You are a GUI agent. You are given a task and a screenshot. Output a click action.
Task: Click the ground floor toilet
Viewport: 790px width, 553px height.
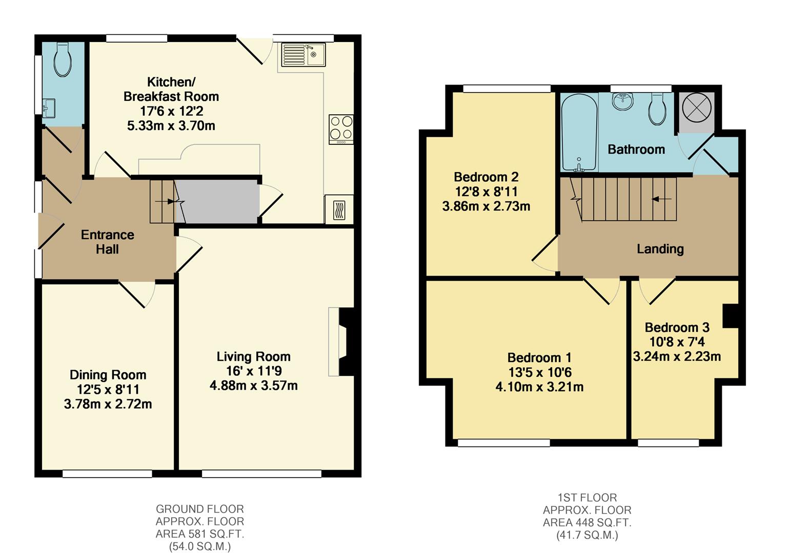pos(63,59)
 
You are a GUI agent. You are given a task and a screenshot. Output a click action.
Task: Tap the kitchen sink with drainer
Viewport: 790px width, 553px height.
pos(303,55)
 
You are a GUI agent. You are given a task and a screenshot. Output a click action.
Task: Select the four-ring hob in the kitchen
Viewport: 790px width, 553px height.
pos(341,129)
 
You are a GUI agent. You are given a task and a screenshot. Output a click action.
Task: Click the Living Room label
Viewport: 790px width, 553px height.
pos(254,356)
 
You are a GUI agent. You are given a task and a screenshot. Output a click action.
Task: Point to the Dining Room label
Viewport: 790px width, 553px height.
pos(108,375)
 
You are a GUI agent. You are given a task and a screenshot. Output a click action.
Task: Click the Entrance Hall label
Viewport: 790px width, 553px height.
pos(108,242)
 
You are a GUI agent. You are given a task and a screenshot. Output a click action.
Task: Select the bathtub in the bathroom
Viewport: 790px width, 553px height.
pos(579,133)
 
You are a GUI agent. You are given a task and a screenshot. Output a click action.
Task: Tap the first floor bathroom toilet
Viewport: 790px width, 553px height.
pos(658,109)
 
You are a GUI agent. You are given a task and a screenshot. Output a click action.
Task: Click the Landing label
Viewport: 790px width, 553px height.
pos(660,249)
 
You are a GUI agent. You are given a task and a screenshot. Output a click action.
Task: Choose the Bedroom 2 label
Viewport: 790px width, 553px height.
pos(486,177)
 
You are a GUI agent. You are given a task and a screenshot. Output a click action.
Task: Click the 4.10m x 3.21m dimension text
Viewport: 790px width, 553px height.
pos(539,387)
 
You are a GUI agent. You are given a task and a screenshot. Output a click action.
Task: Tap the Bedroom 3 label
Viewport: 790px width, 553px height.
pos(677,328)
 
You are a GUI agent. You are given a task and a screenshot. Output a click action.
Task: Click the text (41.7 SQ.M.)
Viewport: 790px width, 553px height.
pos(587,536)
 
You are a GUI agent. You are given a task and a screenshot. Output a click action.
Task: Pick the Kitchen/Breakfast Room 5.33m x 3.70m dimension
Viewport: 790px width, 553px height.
pos(171,126)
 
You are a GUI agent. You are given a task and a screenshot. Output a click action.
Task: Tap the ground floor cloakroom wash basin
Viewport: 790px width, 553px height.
pos(49,108)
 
